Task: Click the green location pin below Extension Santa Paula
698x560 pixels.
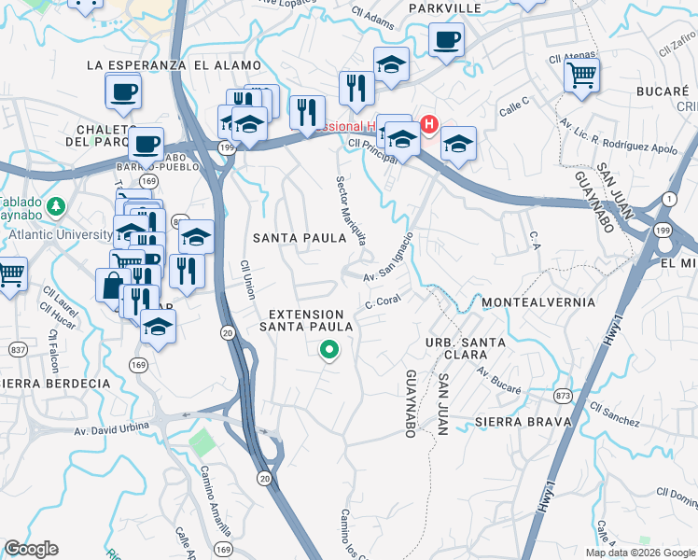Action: (x=328, y=351)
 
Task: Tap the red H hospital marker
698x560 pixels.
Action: (x=429, y=123)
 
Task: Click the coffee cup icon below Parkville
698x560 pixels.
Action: (x=446, y=40)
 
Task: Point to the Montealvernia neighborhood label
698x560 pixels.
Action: (x=538, y=303)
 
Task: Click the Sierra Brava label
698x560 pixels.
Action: (x=523, y=422)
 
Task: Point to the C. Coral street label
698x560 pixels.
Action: (x=384, y=302)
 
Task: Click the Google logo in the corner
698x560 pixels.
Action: (x=31, y=549)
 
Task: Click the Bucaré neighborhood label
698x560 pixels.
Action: (x=662, y=91)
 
